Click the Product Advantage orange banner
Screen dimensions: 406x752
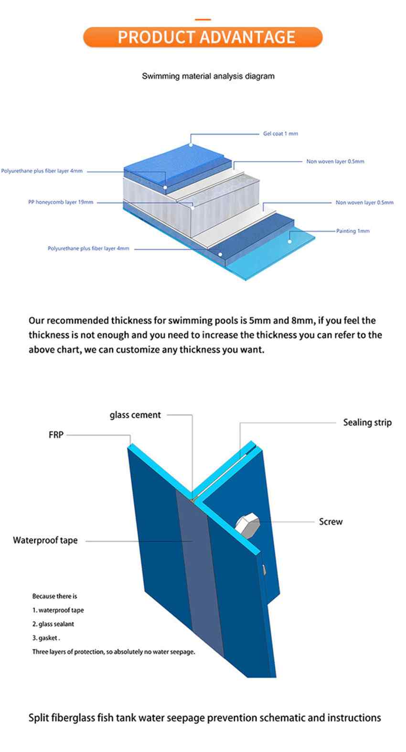(203, 37)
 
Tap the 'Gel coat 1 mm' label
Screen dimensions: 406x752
(280, 134)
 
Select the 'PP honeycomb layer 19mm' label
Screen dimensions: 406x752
(61, 202)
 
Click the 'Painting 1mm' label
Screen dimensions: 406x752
(353, 231)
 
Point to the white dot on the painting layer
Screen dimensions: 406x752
(289, 241)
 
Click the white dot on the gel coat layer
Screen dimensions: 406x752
(191, 145)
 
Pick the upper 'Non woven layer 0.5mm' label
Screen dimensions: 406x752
(335, 161)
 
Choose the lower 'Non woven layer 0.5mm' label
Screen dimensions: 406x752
(365, 203)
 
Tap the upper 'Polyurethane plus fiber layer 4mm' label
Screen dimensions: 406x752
(42, 171)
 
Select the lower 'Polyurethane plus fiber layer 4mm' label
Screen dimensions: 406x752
(88, 248)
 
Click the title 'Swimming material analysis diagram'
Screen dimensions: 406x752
(208, 76)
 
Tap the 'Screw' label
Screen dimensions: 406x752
(331, 522)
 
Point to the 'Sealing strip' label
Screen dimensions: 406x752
(367, 422)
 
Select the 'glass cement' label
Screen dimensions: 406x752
(135, 415)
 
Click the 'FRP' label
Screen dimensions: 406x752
(56, 435)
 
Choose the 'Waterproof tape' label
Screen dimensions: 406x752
(45, 540)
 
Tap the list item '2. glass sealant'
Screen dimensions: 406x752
(53, 624)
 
